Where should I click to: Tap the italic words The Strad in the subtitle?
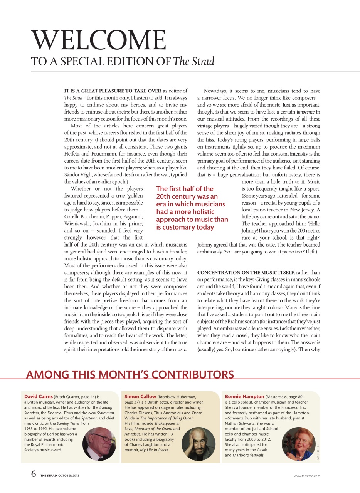(x=193, y=61)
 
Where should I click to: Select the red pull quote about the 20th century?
(x=192, y=208)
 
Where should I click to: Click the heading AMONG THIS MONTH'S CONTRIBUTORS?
(x=130, y=374)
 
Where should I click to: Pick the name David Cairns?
(x=38, y=396)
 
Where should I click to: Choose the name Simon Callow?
(x=140, y=396)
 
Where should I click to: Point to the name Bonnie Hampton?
(x=244, y=396)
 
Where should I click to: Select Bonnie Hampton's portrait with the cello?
(x=298, y=444)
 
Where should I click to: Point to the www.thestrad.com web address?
(x=307, y=476)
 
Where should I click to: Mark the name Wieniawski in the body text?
(x=79, y=223)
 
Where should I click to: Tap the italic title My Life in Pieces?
(x=156, y=450)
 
